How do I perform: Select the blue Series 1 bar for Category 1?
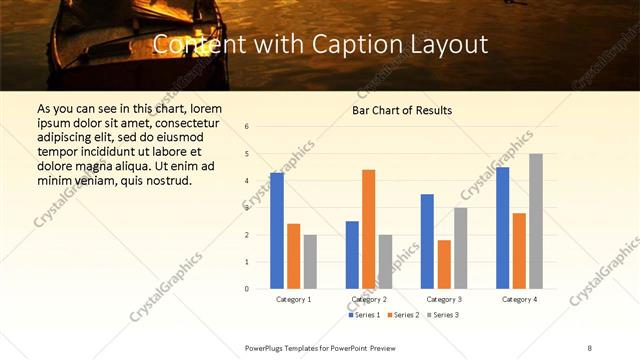(277, 230)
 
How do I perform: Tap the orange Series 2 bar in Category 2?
(368, 229)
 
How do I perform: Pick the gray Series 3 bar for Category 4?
(536, 221)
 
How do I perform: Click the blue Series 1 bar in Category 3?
(427, 241)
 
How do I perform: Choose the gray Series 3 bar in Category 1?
(310, 261)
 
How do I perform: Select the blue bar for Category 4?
(503, 227)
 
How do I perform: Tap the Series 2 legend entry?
(402, 315)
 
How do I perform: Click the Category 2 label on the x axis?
(368, 299)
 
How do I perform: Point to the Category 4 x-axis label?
(519, 299)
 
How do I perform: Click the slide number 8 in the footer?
(590, 347)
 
